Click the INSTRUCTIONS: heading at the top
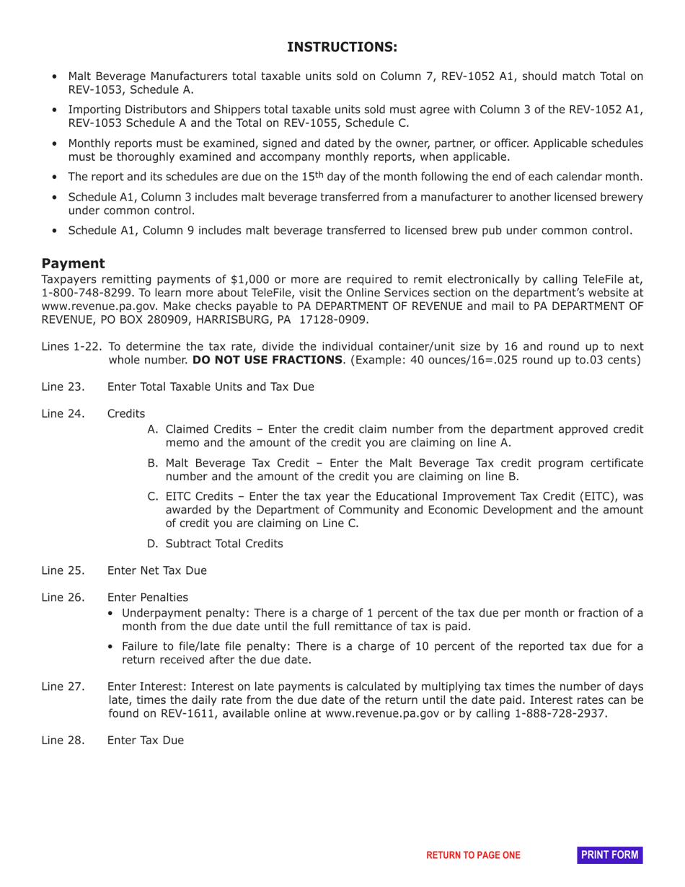click(x=342, y=47)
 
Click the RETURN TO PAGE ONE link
click(x=473, y=855)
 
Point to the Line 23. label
click(x=63, y=387)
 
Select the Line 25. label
click(x=63, y=570)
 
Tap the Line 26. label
click(x=63, y=597)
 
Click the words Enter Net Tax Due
click(x=156, y=570)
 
